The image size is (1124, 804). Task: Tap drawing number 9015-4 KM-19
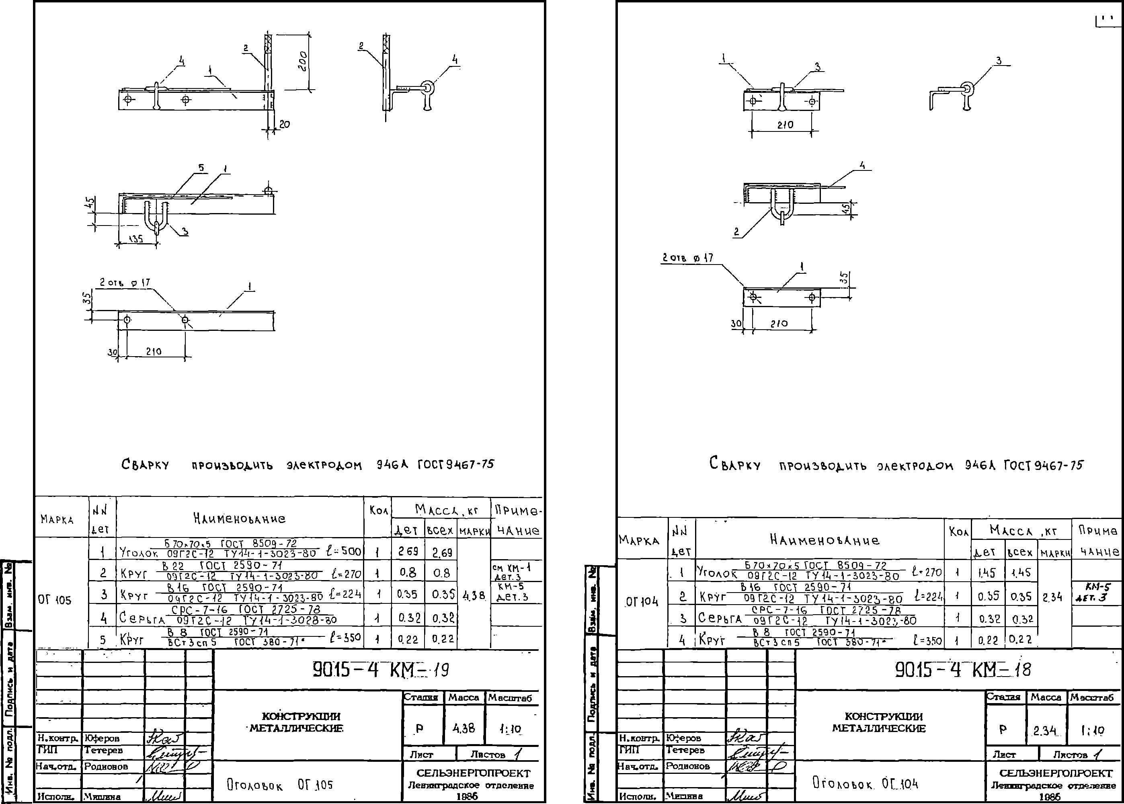pos(381,670)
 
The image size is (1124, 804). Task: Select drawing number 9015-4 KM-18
pos(963,670)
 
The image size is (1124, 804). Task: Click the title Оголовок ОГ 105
pos(280,785)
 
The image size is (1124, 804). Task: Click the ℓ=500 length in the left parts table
pos(345,551)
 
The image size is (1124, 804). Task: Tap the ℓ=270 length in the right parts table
pos(927,572)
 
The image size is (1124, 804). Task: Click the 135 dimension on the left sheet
pos(135,239)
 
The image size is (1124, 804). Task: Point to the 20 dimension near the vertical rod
pos(285,125)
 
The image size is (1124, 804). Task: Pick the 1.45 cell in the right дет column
pos(987,573)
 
